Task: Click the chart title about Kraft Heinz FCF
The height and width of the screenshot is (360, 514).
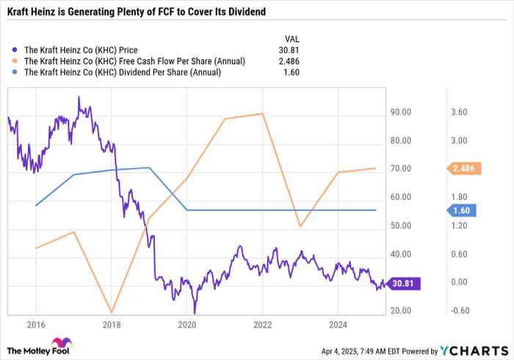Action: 137,12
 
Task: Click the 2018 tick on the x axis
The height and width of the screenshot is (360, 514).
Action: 112,323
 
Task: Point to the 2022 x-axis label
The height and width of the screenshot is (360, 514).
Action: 262,323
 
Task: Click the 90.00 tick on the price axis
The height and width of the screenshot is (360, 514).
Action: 400,112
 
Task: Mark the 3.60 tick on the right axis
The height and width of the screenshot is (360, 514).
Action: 458,112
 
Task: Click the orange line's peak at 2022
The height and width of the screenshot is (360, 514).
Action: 263,113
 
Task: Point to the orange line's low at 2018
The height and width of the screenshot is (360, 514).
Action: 112,312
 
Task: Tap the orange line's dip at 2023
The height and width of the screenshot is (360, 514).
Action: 300,226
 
